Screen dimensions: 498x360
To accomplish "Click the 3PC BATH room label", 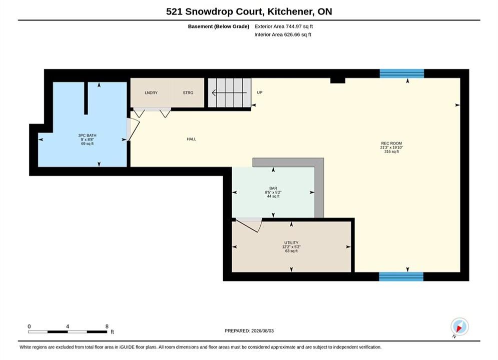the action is (88, 135).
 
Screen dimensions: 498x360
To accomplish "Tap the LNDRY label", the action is (151, 92).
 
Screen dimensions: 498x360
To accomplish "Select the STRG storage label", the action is (188, 92).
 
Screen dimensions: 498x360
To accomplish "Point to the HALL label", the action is (192, 139).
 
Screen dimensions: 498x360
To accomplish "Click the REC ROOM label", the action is (391, 143).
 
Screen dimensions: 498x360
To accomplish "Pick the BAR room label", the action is (273, 188).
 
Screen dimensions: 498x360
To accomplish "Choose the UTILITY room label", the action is (291, 242).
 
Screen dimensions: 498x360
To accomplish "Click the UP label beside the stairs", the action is (259, 92).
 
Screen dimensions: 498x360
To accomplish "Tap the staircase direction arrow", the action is (229, 93).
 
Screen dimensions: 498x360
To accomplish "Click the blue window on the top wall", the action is (402, 73).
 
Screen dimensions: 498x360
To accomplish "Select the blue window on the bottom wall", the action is (401, 276).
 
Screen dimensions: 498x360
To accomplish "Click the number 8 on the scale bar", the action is (107, 326).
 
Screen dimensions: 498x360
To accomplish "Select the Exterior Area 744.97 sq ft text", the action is (284, 26).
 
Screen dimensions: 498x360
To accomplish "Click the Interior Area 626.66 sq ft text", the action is (283, 34).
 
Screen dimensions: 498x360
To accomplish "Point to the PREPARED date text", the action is (249, 331).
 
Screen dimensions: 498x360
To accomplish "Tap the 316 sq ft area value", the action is (391, 151).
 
